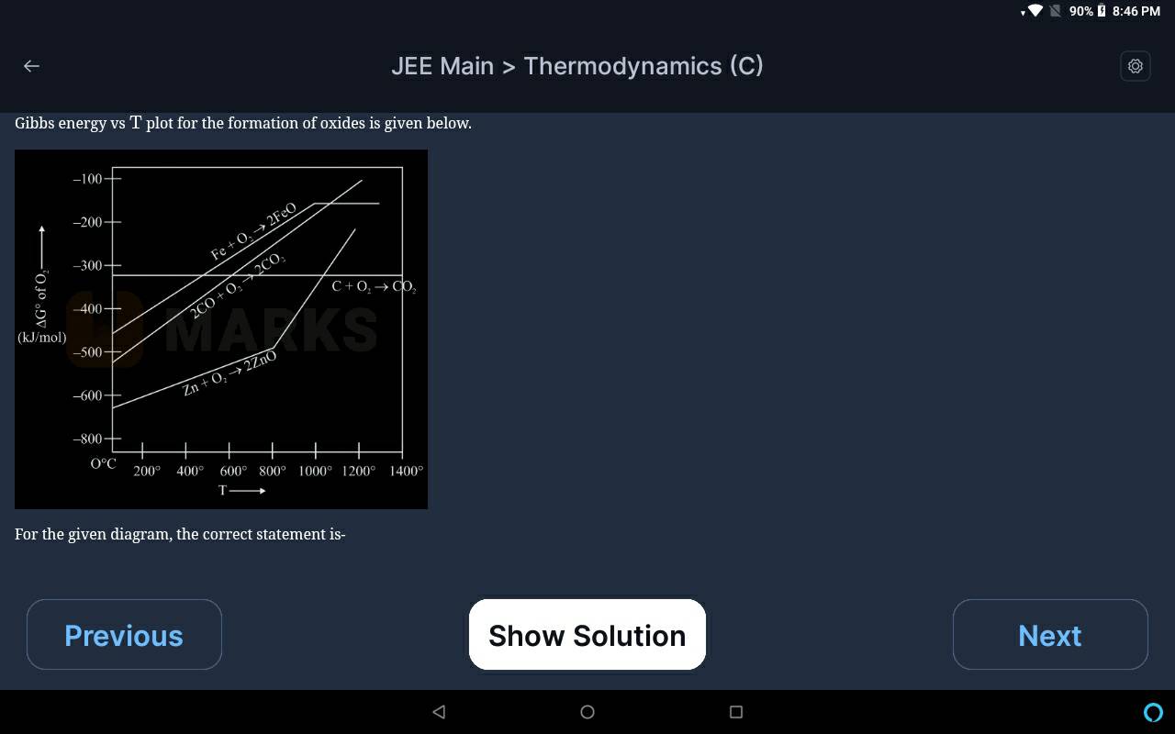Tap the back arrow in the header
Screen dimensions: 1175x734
tap(31, 66)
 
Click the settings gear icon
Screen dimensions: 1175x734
tap(1136, 66)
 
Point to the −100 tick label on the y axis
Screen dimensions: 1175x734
tap(87, 179)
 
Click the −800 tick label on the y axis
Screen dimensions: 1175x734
tap(87, 439)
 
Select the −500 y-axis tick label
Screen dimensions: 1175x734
tap(87, 352)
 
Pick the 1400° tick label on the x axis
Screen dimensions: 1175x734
tap(406, 471)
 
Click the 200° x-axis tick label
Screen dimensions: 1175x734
tap(147, 471)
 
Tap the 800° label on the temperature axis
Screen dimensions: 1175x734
tap(273, 471)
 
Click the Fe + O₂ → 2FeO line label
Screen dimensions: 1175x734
tap(254, 230)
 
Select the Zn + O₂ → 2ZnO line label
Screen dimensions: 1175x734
tap(229, 373)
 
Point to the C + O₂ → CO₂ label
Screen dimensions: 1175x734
tap(374, 287)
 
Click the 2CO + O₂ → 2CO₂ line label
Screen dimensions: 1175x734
tap(238, 285)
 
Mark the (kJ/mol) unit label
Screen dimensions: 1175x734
tap(42, 337)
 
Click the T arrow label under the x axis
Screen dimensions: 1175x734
tap(241, 490)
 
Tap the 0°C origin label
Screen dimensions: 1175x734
tap(104, 463)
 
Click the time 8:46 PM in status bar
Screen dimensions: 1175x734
tap(1136, 11)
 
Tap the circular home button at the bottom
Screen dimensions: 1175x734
tap(587, 711)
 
